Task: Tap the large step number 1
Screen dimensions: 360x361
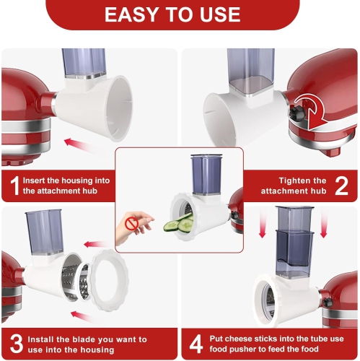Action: tap(14, 186)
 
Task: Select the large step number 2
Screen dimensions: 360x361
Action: tap(341, 186)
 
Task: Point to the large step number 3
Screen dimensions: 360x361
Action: tap(17, 344)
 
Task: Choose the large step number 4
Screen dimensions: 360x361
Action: tap(196, 344)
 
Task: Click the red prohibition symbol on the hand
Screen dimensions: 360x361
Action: tap(132, 224)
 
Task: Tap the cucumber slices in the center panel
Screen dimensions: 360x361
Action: tap(179, 224)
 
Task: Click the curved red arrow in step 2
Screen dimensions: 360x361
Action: tap(312, 112)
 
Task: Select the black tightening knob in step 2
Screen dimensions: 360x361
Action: tap(297, 113)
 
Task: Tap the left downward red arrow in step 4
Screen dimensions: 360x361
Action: tap(263, 222)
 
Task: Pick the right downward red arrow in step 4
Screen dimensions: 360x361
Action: tap(324, 222)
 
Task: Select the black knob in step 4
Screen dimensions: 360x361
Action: tap(328, 303)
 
